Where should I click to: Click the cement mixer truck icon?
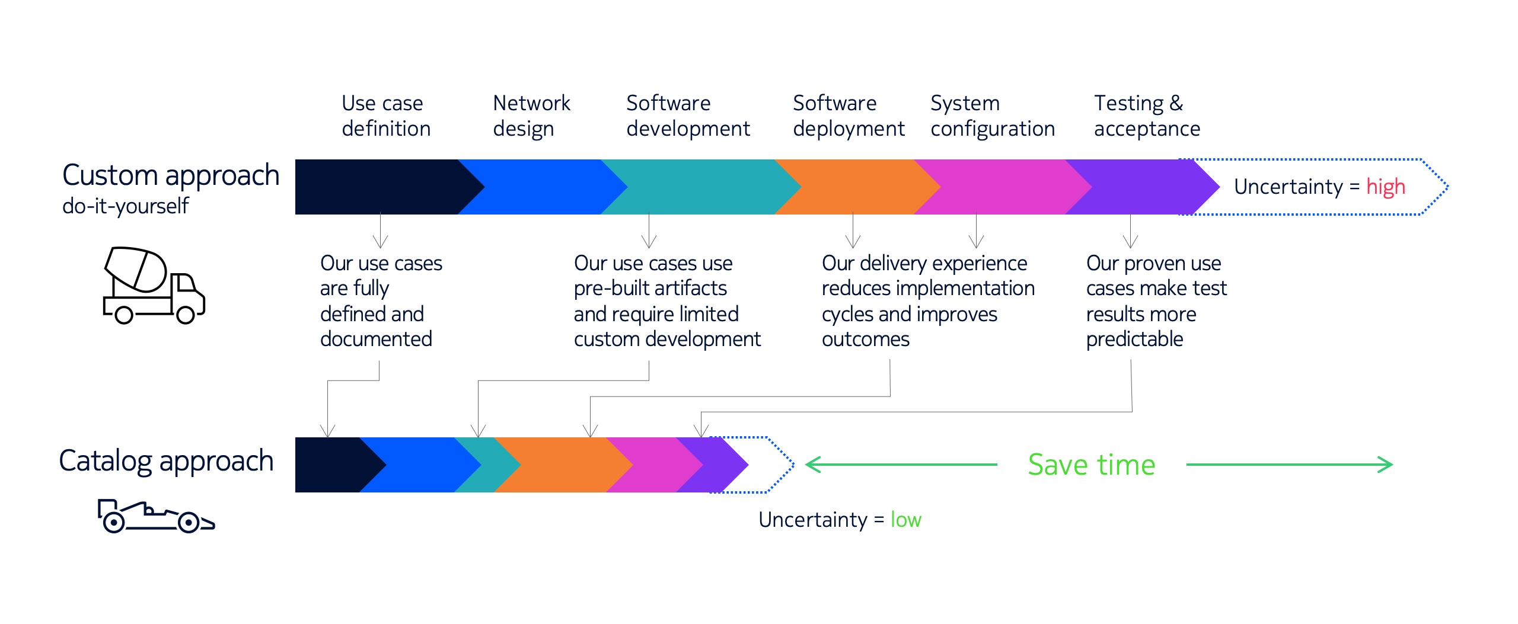click(154, 285)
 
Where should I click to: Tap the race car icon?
click(156, 516)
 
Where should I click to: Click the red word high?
click(1385, 187)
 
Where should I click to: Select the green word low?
click(905, 520)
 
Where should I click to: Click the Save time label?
click(1092, 465)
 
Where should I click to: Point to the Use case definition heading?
click(386, 116)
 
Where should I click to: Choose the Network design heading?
click(531, 116)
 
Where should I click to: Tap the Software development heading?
click(688, 116)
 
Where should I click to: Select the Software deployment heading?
click(849, 116)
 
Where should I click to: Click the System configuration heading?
click(993, 116)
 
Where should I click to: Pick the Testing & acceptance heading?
click(1147, 116)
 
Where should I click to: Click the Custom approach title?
click(171, 176)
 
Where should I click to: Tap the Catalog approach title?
click(166, 462)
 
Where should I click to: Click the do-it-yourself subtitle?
click(125, 206)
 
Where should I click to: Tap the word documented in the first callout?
click(376, 339)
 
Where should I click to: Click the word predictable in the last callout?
click(1134, 340)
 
